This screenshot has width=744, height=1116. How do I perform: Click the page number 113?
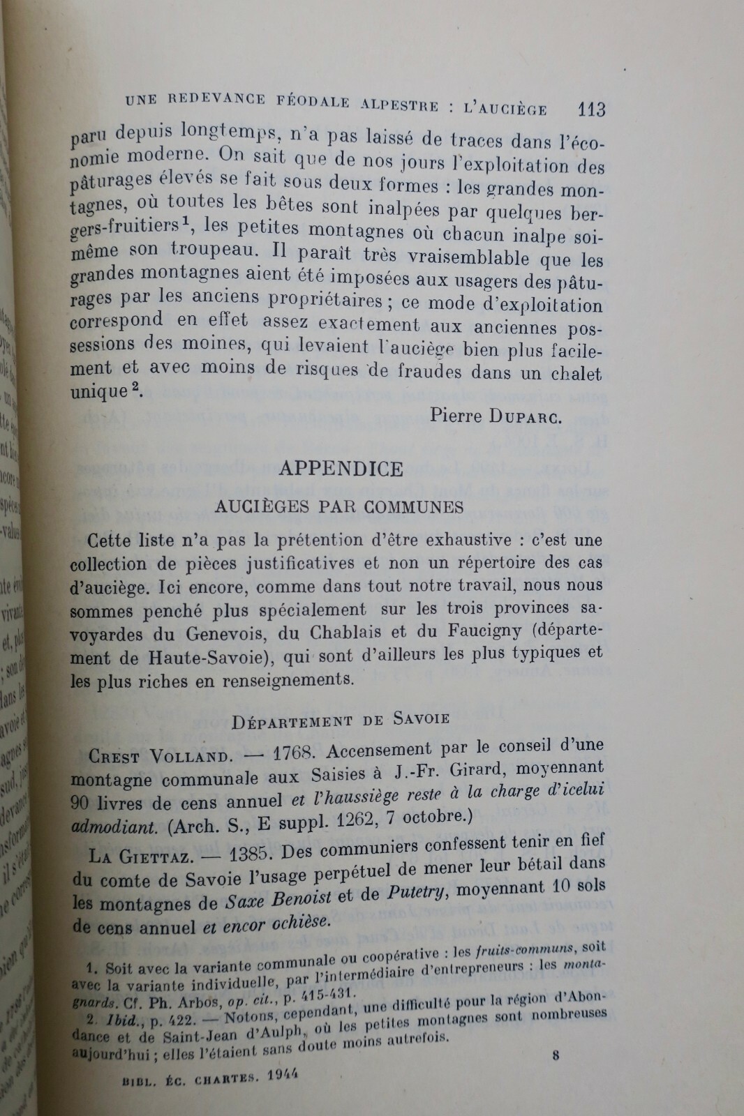pos(591,109)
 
